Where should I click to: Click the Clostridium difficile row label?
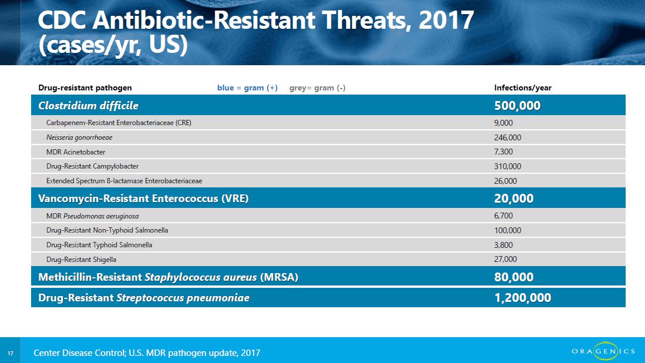88,106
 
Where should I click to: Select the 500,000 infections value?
517,106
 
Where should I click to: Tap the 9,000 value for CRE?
503,123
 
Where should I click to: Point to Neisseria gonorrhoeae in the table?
79,137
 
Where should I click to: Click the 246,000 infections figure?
507,137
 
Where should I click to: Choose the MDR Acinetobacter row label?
76,152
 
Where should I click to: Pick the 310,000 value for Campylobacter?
507,166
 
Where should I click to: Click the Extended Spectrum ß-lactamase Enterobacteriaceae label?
124,181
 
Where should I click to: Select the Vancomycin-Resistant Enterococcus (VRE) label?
143,199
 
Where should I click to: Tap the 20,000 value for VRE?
514,199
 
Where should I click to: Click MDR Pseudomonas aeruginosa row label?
92,216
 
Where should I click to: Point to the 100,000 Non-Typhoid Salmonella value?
507,230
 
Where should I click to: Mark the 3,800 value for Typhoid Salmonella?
503,245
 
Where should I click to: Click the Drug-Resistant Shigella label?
81,259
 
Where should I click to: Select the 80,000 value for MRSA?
514,277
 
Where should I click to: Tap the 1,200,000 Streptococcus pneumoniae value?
522,298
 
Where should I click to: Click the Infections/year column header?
522,88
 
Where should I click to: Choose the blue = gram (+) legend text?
247,88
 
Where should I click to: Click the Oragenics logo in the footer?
603,351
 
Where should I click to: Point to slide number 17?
11,353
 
